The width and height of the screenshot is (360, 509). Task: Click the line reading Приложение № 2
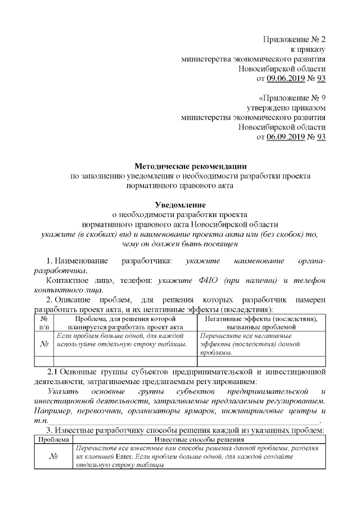coord(295,39)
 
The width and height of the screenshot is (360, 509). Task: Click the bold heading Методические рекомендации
coord(190,165)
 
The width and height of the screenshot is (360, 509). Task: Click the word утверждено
coord(269,107)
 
